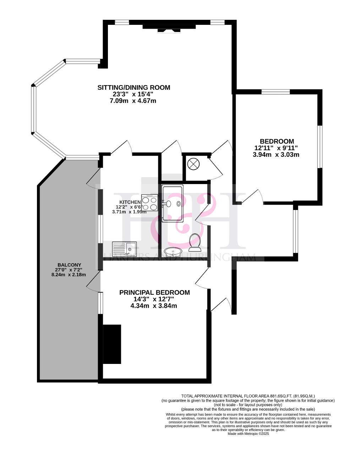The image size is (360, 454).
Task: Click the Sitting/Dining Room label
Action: point(134,87)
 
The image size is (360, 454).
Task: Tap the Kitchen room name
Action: point(130,202)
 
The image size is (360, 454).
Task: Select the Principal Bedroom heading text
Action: point(154,292)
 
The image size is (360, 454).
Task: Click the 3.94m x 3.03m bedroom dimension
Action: point(276,154)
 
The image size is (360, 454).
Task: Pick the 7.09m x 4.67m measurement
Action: point(133,101)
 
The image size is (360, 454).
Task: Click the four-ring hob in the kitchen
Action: point(149,203)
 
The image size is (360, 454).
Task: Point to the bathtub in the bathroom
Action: point(172,204)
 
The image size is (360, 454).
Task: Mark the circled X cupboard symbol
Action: point(193,164)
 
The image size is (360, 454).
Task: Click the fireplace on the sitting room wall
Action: point(169,28)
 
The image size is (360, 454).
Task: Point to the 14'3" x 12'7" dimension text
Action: point(153,299)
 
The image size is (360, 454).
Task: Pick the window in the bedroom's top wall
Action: point(276,92)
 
